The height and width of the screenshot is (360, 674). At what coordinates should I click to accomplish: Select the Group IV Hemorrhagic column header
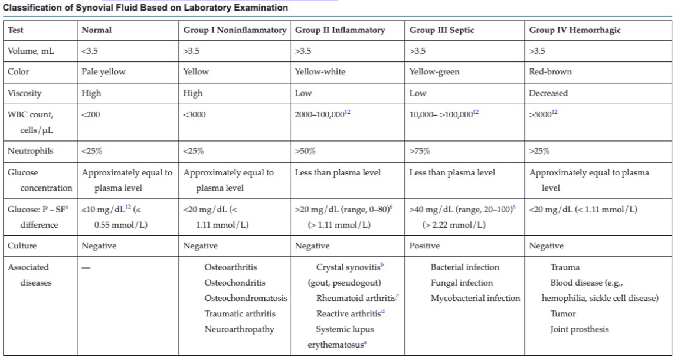coord(569,31)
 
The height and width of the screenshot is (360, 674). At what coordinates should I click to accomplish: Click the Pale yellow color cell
coord(104,72)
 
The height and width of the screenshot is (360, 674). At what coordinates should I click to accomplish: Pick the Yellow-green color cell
coord(434,72)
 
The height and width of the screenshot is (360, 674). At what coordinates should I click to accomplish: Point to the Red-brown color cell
coord(550,72)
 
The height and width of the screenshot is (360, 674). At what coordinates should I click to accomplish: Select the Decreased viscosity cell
coord(548,93)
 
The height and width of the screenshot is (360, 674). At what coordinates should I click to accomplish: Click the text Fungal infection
coord(462,283)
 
